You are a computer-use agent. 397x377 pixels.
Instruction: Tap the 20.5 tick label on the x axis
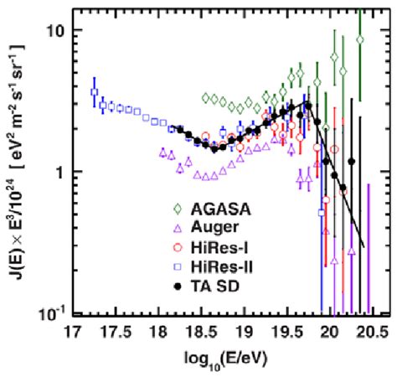tap(369, 328)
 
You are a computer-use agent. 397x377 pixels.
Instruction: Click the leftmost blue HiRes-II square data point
tap(95, 92)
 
